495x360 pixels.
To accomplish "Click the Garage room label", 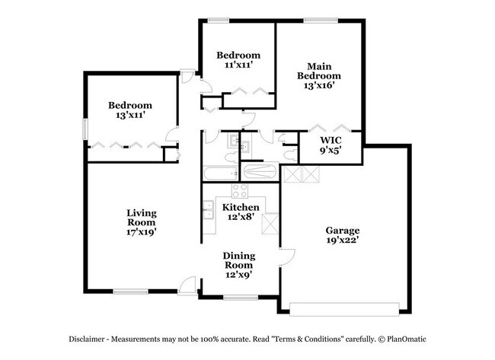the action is coord(343,230).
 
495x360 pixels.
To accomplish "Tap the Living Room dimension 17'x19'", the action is coord(142,232).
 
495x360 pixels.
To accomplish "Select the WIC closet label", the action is coord(331,140).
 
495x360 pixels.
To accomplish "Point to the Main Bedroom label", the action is coord(319,71).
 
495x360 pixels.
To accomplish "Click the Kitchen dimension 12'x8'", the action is coord(241,217).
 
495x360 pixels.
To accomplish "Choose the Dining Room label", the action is coord(239,260).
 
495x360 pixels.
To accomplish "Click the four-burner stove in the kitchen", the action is coord(240,190).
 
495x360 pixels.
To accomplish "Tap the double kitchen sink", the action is coord(209,210).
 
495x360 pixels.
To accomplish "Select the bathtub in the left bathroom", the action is coord(221,174).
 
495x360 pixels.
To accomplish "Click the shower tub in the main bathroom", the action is coord(260,172).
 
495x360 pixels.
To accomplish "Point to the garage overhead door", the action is coord(344,310).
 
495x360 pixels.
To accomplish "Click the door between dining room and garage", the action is coord(287,258).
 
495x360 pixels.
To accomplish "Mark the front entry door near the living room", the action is coord(187,286).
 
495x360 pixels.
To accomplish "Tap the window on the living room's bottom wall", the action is coord(131,292).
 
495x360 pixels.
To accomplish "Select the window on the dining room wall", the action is coord(241,298).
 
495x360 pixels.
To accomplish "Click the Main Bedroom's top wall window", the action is coord(321,21).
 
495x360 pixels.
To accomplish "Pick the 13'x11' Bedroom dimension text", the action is coord(130,115).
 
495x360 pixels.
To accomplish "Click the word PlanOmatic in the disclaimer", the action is coord(407,339).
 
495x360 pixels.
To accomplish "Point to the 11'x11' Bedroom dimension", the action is coord(238,65).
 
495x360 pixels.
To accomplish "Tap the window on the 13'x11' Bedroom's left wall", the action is coord(85,129).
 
